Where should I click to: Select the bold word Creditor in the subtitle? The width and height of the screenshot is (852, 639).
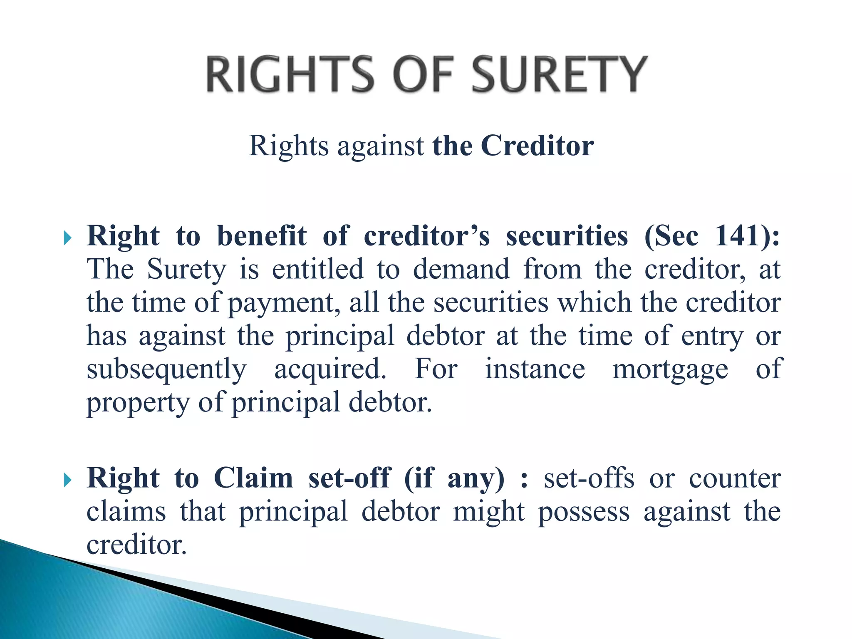click(537, 146)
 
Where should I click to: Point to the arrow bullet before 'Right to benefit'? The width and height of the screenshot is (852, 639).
click(68, 238)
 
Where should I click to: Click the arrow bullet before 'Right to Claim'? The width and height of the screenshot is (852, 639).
click(68, 480)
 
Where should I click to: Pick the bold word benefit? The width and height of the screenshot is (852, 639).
click(262, 236)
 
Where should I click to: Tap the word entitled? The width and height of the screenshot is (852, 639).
click(318, 269)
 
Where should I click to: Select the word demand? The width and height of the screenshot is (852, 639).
click(461, 269)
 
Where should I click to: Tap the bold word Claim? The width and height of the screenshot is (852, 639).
click(253, 478)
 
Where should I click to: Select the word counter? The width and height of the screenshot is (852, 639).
click(735, 479)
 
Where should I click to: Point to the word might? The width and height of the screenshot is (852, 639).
click(489, 512)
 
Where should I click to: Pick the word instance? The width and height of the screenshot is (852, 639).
click(535, 369)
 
